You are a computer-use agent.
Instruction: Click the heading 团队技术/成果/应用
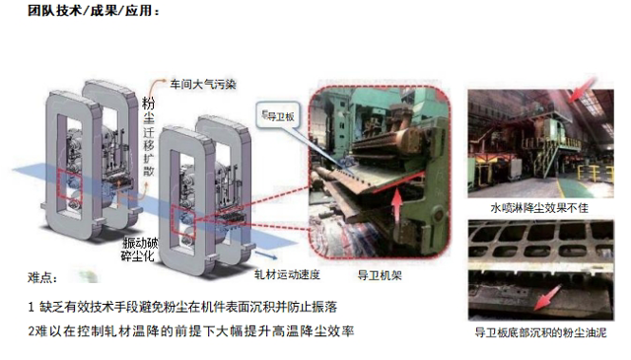pos(94,10)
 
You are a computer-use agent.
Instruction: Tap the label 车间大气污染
pos(203,85)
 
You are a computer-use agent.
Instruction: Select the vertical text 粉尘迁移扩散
pos(149,137)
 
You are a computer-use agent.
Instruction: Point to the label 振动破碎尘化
pos(140,250)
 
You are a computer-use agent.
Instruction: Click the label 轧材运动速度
pos(287,275)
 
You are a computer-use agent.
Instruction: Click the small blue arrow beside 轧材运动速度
pos(266,255)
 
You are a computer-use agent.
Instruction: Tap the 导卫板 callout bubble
pos(278,116)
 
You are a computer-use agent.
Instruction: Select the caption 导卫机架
pos(380,275)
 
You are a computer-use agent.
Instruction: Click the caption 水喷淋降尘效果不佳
pos(539,208)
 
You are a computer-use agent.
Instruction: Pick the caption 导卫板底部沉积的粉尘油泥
pos(540,332)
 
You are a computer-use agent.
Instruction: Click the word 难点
pos(42,278)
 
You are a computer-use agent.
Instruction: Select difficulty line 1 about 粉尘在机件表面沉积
pos(182,308)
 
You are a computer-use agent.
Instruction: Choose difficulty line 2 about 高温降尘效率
pos(190,331)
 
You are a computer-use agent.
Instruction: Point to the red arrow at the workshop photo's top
pos(583,89)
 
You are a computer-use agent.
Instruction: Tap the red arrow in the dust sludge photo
pos(548,298)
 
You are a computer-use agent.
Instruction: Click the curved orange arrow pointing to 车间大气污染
pos(156,88)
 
